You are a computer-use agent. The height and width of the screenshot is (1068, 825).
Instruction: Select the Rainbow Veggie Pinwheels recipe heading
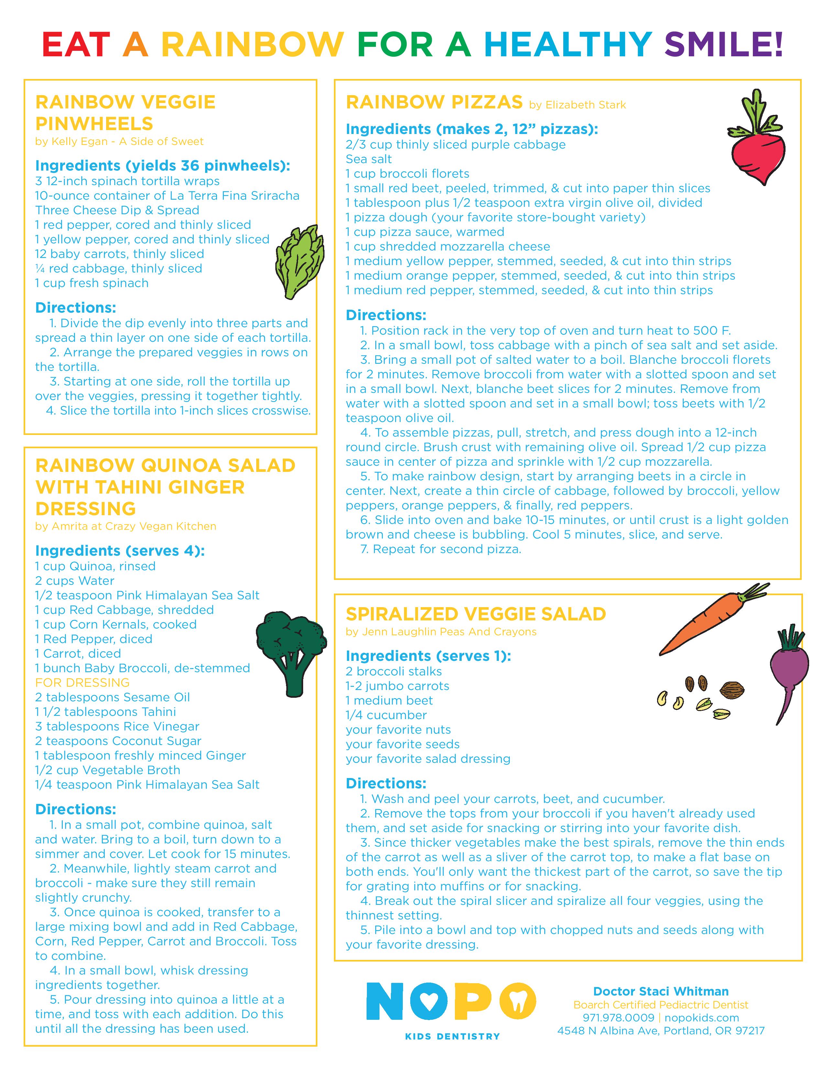click(x=126, y=113)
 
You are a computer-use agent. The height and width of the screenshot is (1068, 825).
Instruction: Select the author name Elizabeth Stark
click(x=586, y=105)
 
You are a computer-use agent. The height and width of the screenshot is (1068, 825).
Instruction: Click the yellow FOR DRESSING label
click(x=82, y=682)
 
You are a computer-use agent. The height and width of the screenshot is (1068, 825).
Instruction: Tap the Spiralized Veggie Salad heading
click(x=476, y=614)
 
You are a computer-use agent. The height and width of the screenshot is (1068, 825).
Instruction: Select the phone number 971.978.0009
click(x=618, y=1018)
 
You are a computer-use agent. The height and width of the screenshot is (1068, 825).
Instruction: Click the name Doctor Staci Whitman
click(x=661, y=991)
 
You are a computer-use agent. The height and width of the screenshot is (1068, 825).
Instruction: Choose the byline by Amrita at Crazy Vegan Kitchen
click(x=126, y=526)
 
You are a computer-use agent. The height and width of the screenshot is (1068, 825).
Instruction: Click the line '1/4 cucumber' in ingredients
click(x=386, y=715)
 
